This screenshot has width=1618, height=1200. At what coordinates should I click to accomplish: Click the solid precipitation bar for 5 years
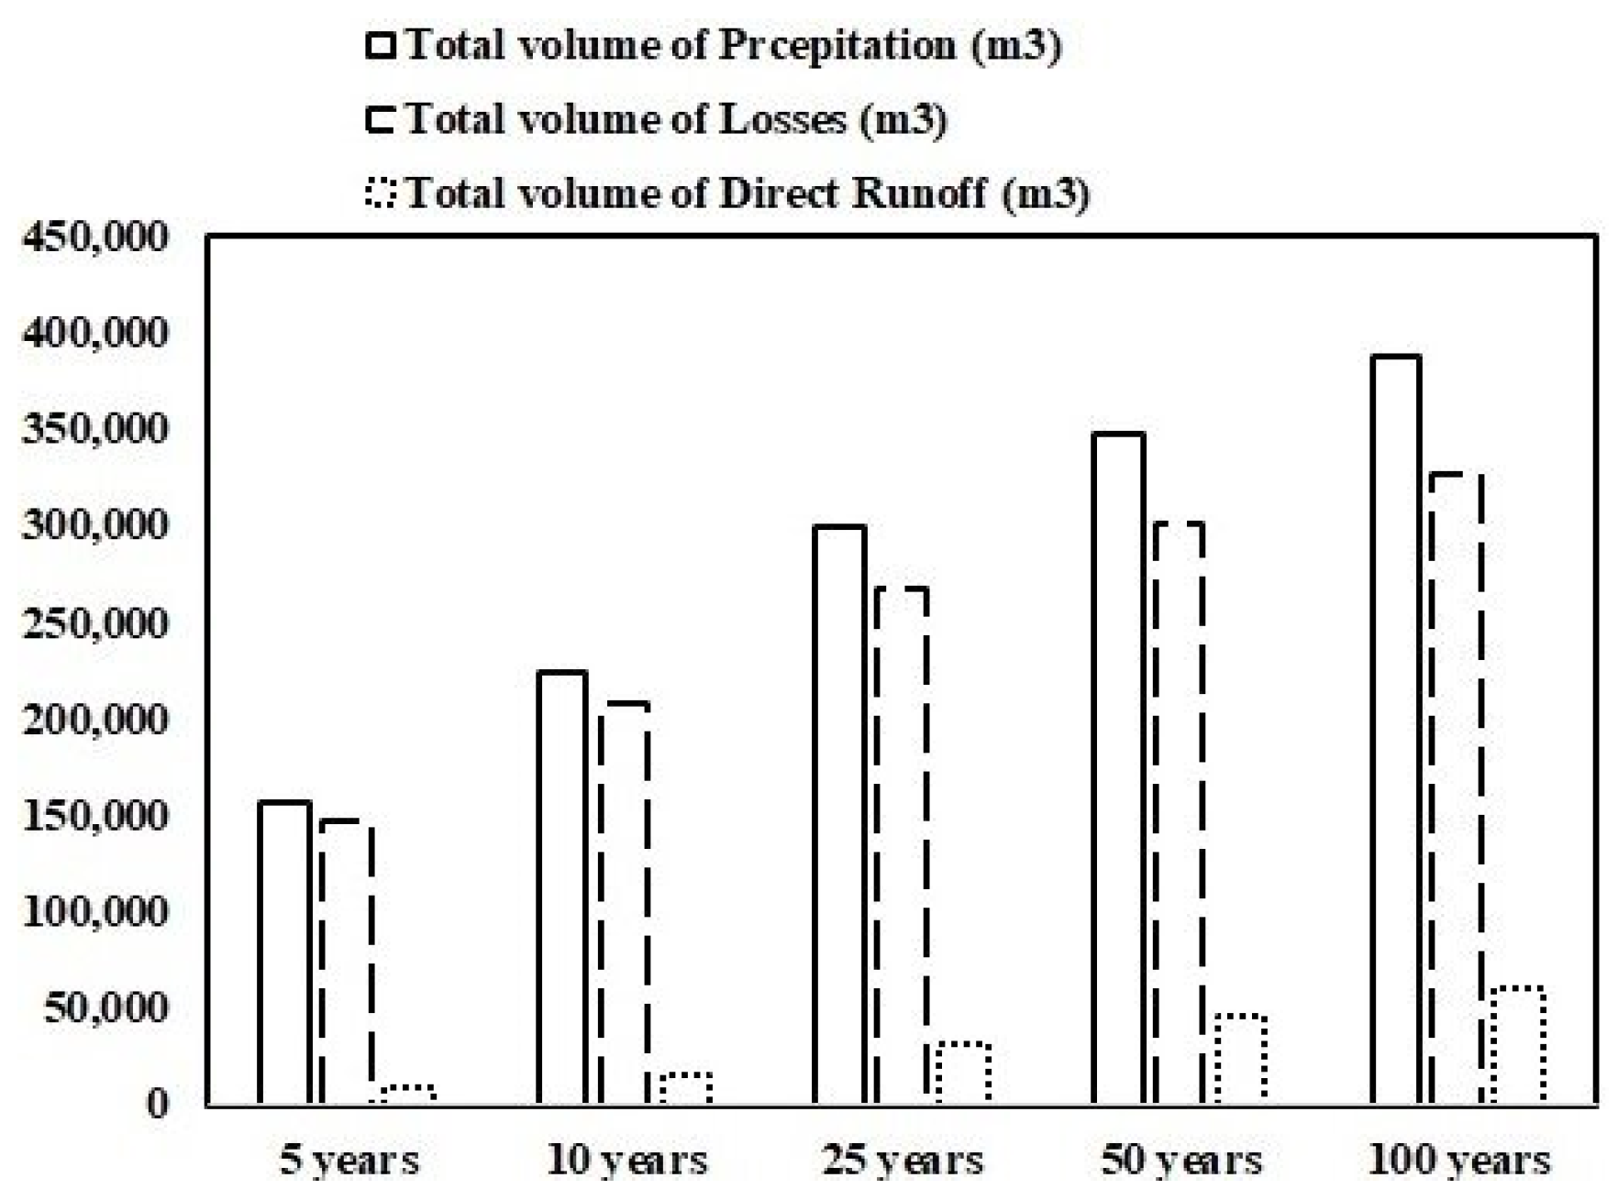coord(284,953)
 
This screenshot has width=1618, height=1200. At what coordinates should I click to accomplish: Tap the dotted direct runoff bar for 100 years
coord(1518,1045)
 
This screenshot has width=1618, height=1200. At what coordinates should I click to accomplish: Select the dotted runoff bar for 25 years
coord(963,1073)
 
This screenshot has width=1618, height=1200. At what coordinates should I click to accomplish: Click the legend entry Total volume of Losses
coord(675,120)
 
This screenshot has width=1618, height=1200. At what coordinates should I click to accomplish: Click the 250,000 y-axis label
coord(95,623)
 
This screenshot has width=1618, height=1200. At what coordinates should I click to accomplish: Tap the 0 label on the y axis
coord(158,1103)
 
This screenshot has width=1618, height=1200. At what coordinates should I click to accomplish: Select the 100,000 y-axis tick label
coord(95,912)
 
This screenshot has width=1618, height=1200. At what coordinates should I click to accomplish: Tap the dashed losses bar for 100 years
coord(1457,788)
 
